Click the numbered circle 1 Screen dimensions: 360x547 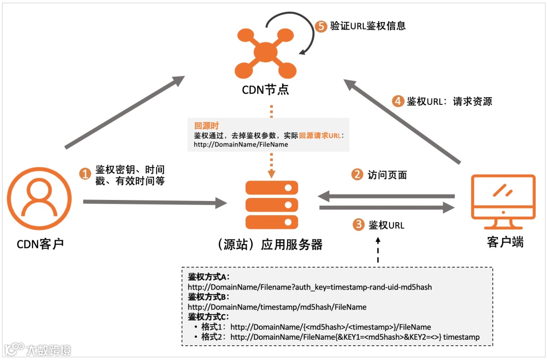pos(85,174)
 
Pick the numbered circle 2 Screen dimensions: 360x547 pos(358,175)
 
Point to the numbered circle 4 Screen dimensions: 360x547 pos(398,101)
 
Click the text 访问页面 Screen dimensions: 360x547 pos(387,175)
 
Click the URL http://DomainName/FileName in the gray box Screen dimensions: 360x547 pos(241,144)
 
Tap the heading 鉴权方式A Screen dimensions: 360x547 pos(209,277)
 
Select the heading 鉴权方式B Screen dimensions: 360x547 pos(209,297)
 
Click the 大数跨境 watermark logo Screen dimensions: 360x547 pos(38,349)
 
